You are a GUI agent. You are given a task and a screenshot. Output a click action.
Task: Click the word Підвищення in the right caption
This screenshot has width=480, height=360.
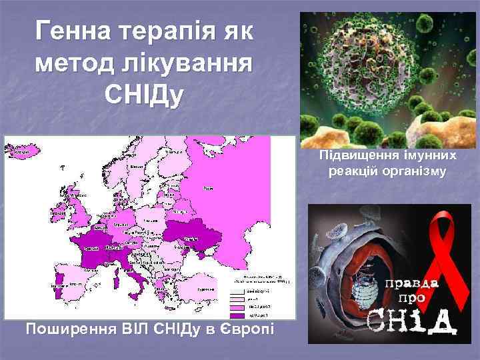[358, 156]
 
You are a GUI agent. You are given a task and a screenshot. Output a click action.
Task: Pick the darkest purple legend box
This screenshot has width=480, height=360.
[237, 313]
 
